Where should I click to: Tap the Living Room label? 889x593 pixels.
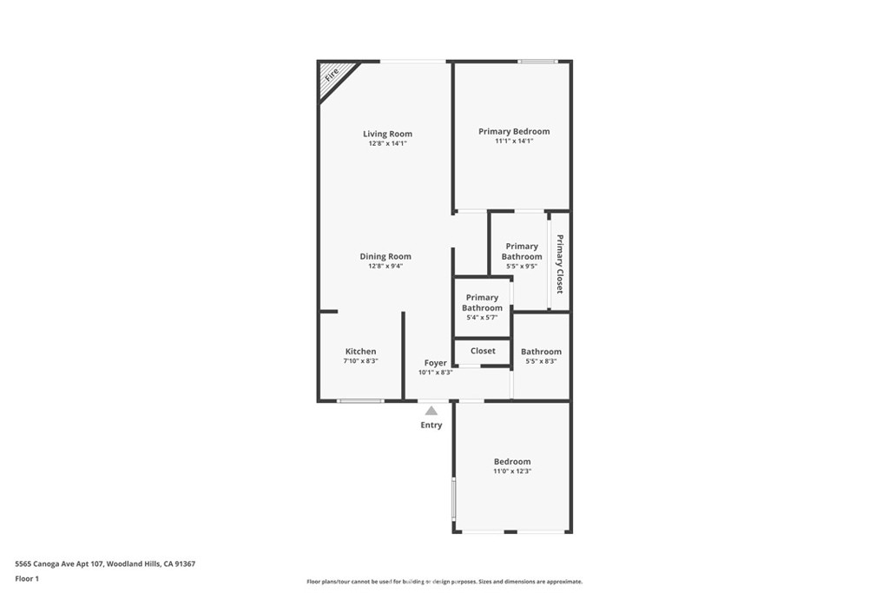(388, 134)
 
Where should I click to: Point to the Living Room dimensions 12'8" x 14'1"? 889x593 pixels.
(388, 143)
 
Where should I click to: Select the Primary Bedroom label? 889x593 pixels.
(514, 131)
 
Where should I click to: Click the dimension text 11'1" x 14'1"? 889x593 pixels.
(514, 142)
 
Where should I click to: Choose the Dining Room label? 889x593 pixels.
(385, 256)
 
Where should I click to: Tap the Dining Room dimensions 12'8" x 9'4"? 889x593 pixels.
(385, 266)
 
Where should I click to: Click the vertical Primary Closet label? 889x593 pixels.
(560, 264)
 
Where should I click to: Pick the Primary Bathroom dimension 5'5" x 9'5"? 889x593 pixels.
(522, 266)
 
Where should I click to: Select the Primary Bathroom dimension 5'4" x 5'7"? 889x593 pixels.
(482, 318)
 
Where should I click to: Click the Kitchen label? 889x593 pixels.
(360, 352)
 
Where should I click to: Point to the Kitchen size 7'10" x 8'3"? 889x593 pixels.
(360, 361)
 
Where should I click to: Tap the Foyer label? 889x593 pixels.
(436, 363)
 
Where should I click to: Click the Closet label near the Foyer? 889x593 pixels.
(483, 351)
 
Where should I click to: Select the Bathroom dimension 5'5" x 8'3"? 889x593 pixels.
(542, 361)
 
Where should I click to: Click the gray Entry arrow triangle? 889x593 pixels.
(431, 411)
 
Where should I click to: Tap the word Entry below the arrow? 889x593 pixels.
(431, 425)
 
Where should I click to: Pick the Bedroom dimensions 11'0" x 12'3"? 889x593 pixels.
(512, 471)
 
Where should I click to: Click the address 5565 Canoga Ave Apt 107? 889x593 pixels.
(59, 564)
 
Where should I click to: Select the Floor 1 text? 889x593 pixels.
(27, 579)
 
